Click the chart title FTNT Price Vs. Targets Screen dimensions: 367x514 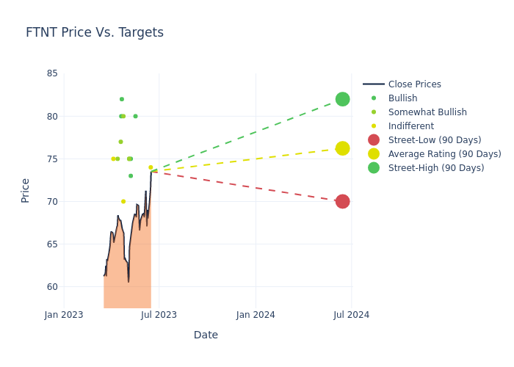point(95,33)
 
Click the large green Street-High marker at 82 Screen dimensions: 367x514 point(342,99)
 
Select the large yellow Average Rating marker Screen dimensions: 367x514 point(342,148)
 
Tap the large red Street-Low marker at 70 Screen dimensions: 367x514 point(342,201)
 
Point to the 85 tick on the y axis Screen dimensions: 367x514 point(52,73)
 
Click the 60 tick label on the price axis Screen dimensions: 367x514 point(52,287)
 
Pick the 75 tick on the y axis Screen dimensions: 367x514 point(52,159)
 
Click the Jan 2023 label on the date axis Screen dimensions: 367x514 point(64,315)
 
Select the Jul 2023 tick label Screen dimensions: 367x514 point(159,315)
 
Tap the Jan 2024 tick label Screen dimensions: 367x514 point(256,315)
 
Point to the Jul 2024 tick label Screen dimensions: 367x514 point(351,315)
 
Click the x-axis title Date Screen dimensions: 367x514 point(206,335)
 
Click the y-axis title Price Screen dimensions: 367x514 point(26,190)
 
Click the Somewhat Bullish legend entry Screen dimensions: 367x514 point(427,112)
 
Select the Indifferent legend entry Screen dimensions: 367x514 point(410,126)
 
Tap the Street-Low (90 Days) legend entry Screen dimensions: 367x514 point(434,140)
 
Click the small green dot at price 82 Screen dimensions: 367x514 point(122,99)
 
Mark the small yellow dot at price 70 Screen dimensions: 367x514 point(123,201)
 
